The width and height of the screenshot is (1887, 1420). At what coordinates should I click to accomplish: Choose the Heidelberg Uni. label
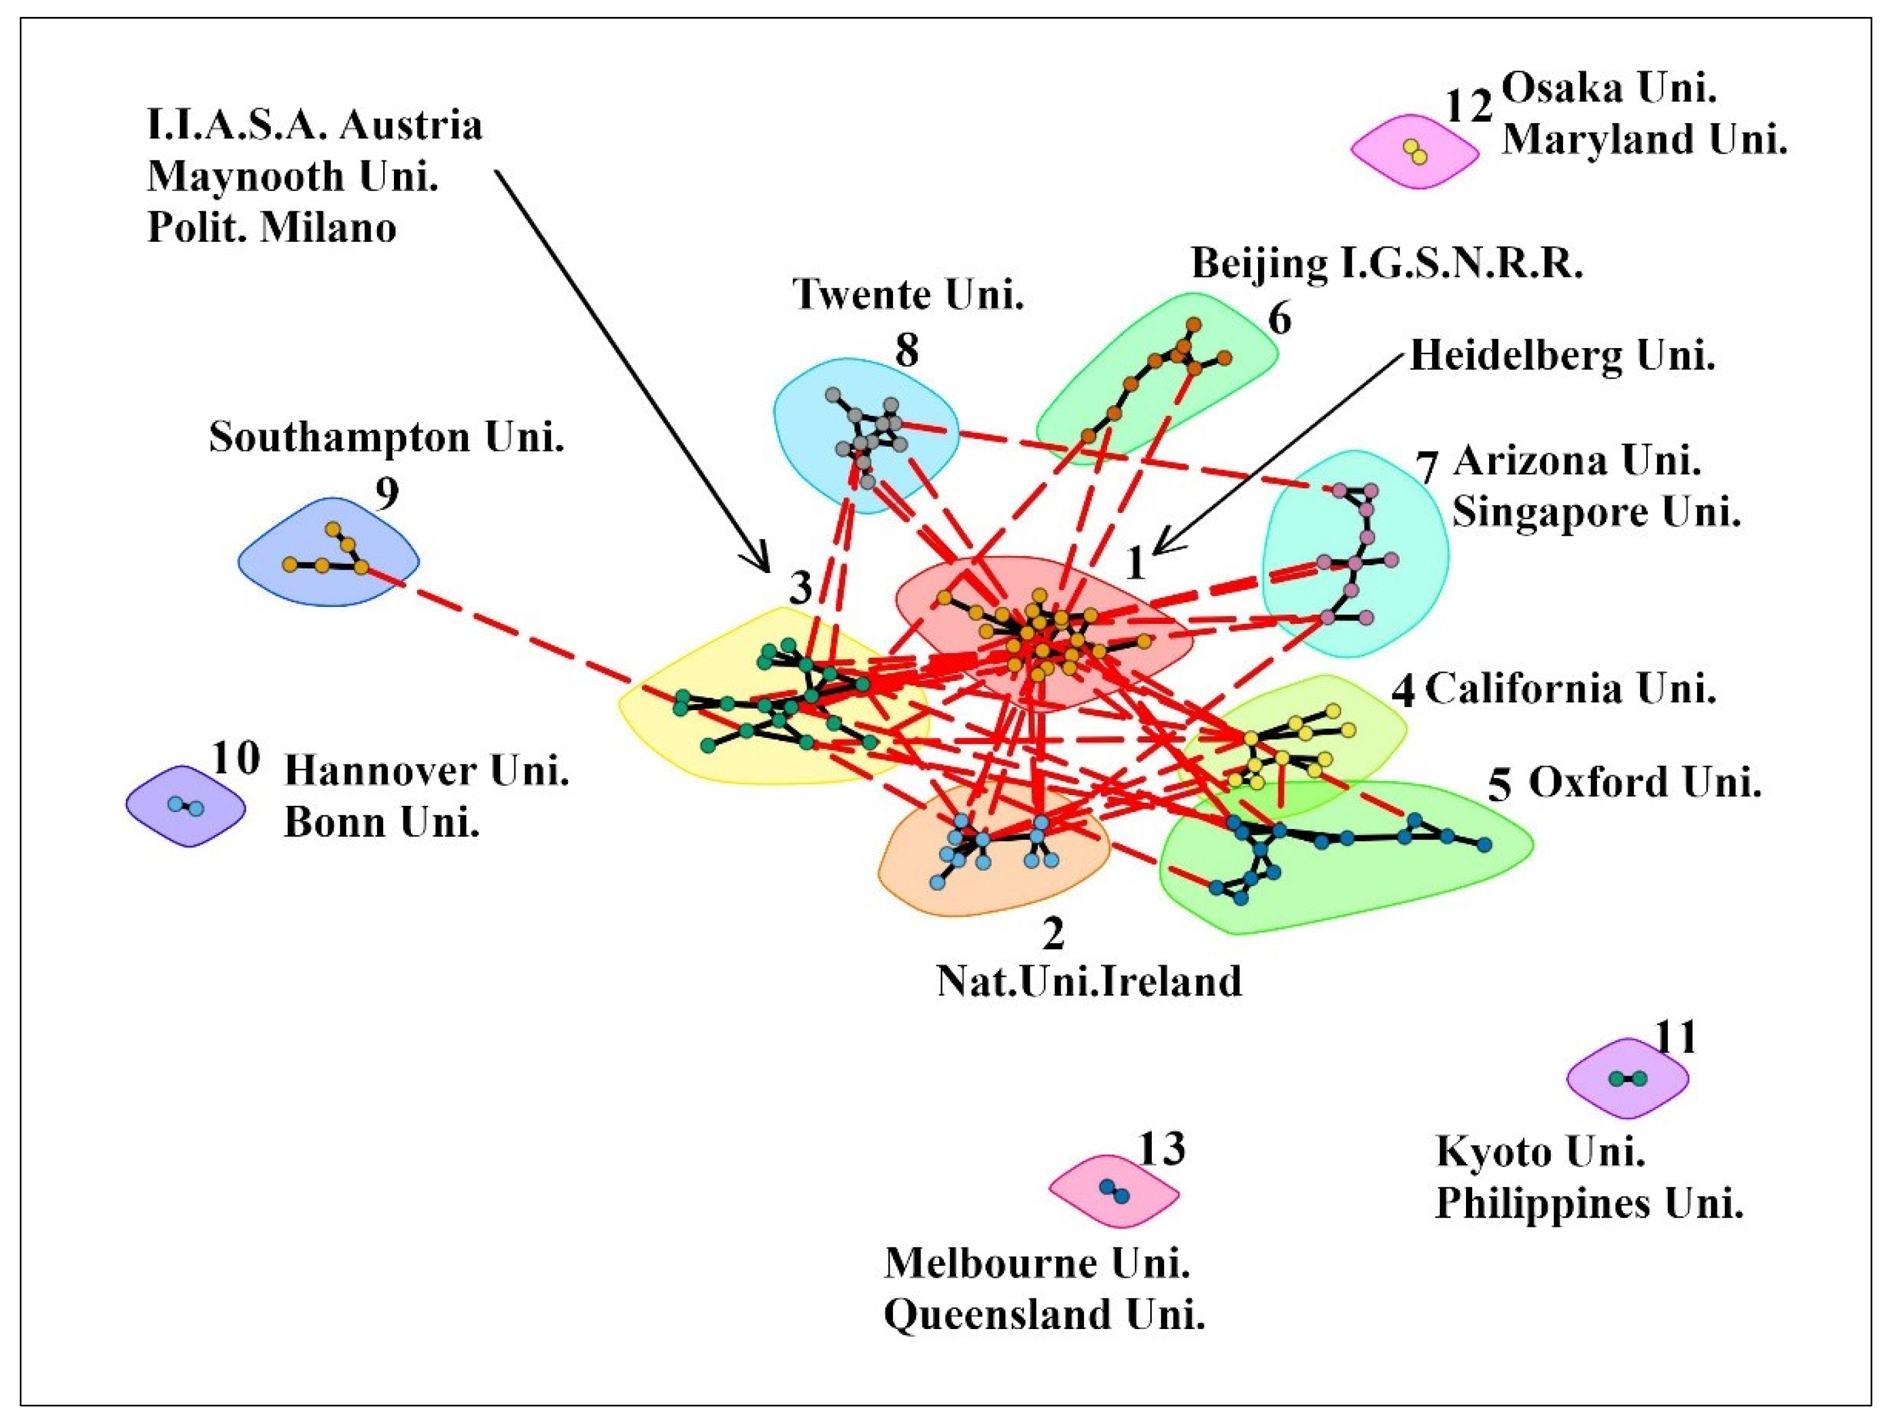tap(1562, 355)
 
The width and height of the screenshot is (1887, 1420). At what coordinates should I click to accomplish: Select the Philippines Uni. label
tap(1589, 1204)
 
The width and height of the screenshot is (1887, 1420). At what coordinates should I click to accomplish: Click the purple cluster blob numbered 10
tap(186, 806)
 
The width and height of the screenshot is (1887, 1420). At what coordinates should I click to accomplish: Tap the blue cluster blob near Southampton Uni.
tap(328, 554)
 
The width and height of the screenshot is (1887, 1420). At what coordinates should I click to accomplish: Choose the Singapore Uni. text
tap(1596, 513)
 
